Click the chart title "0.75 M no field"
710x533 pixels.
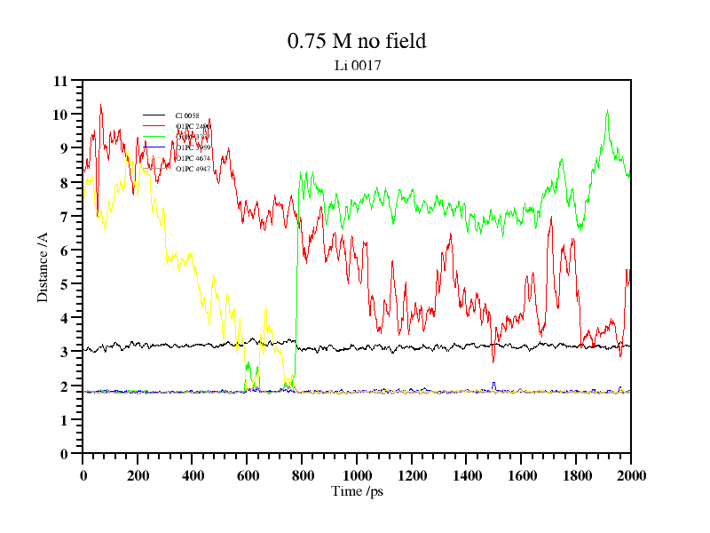click(357, 41)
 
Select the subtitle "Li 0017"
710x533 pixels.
click(357, 65)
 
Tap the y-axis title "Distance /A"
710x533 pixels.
click(43, 267)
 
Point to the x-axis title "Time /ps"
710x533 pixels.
click(357, 491)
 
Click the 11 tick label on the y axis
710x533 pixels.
click(60, 81)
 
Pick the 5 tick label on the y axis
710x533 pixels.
click(64, 284)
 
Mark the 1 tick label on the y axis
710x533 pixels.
click(64, 420)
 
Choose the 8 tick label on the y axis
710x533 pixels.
click(64, 183)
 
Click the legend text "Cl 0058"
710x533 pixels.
click(187, 115)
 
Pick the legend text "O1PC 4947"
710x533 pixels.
click(193, 168)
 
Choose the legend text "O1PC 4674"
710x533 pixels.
click(193, 157)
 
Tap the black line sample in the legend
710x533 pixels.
click(154, 115)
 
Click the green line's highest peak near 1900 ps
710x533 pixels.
click(607, 111)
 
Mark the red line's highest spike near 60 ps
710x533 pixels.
click(100, 106)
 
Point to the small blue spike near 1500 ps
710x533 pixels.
click(494, 384)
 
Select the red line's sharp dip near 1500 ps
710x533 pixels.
click(493, 361)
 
